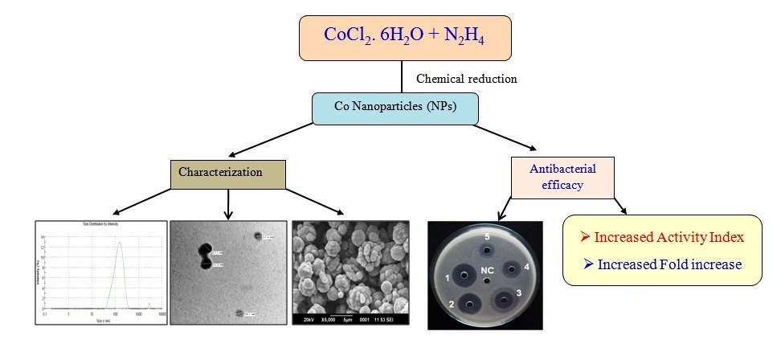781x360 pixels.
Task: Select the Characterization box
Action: (227, 171)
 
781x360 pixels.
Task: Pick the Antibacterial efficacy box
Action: (557, 175)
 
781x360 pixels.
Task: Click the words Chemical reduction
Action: (465, 79)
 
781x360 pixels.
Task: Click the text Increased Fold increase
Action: (661, 264)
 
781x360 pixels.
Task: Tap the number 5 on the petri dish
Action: (487, 238)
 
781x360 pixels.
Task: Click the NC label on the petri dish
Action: (486, 270)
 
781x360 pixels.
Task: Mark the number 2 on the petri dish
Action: (452, 305)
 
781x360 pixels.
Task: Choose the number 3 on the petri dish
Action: (519, 295)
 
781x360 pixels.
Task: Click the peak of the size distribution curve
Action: (119, 243)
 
